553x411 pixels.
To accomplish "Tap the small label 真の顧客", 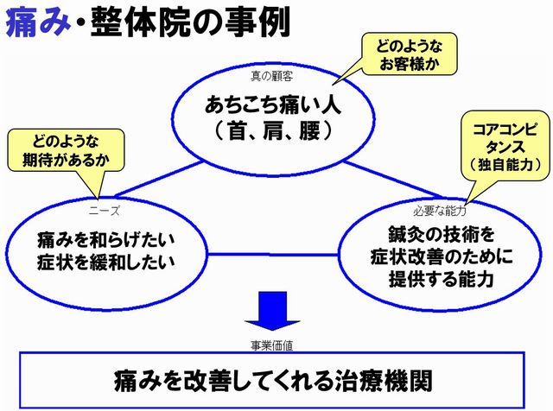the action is coord(271,76).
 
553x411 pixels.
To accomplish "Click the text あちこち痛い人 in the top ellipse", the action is coord(273,104).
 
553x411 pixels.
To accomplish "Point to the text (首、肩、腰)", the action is coord(274,130).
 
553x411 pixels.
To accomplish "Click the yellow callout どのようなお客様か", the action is coord(409,54).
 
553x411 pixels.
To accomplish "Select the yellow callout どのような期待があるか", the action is coord(67,151).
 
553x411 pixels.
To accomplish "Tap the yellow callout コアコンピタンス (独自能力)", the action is coord(507,146).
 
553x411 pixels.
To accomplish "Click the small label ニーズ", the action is coord(104,211).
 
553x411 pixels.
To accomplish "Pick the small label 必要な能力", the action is coord(440,211).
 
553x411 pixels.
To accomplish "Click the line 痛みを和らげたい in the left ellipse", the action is coord(105,240).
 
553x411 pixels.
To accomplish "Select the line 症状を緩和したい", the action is coord(105,262).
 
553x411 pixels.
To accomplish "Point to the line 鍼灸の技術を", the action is coord(442,234).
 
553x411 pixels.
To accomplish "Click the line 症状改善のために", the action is coord(442,256).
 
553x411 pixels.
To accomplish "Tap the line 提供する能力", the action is coord(442,279).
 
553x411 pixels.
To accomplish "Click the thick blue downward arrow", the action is coord(272,311).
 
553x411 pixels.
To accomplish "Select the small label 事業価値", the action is coord(271,345).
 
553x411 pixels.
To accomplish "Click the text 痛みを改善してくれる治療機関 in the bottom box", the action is coord(273,381).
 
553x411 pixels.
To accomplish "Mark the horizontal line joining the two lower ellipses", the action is coord(273,254).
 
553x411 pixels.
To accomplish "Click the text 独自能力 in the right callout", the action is coord(505,165).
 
